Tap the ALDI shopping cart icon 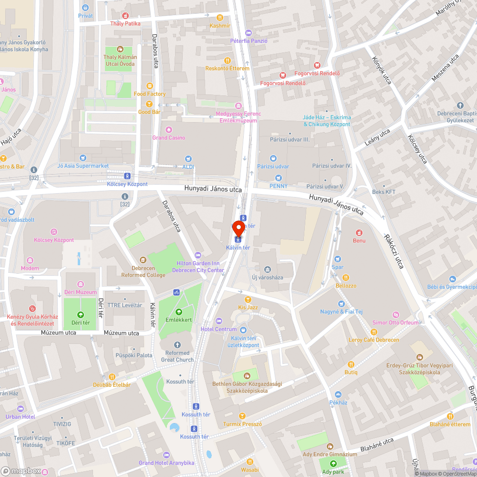coord(189,159)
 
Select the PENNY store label coord(278,186)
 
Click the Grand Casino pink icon coord(168,130)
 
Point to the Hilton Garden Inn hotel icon coord(198,255)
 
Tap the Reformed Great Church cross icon coord(177,344)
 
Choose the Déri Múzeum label coord(80,292)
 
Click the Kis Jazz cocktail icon coord(248,299)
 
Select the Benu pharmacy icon coord(359,233)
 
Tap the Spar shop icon coord(338,259)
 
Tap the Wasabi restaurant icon coord(249,461)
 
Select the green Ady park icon coord(332,464)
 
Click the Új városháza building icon coord(267,270)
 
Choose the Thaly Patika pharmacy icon coord(125,15)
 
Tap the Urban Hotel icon coord(20,409)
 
